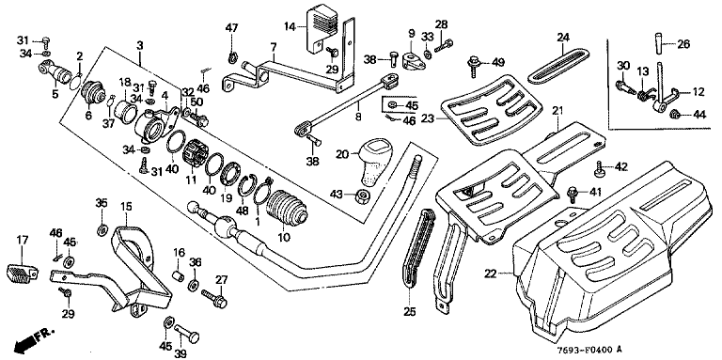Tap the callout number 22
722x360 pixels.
click(x=490, y=274)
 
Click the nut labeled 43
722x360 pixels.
click(x=363, y=196)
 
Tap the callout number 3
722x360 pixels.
click(x=140, y=45)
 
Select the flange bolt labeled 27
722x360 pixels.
click(x=214, y=298)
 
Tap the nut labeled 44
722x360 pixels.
click(x=674, y=114)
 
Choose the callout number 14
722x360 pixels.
click(x=290, y=26)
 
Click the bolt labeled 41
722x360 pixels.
click(x=573, y=194)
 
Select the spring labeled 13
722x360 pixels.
click(x=644, y=95)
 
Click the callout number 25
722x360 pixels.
click(x=409, y=312)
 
